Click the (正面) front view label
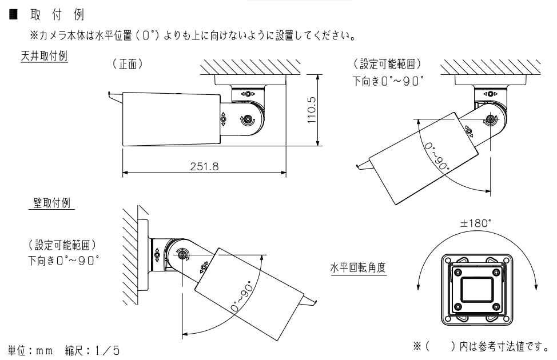pyautogui.click(x=127, y=65)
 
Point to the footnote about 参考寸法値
pyautogui.click(x=480, y=346)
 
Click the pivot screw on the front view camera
pyautogui.click(x=248, y=120)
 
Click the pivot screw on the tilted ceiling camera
pyautogui.click(x=490, y=120)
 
